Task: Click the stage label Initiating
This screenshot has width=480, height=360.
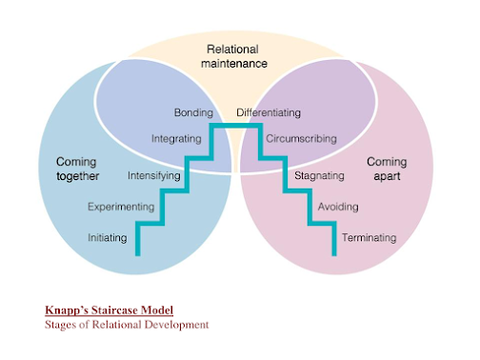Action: (x=107, y=237)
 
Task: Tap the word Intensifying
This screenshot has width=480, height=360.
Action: (x=153, y=175)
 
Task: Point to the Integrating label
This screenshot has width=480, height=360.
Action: (x=176, y=138)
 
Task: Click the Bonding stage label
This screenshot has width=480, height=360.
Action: (x=193, y=112)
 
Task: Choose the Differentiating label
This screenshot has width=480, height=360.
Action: (x=269, y=112)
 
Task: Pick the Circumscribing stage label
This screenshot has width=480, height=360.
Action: (x=300, y=138)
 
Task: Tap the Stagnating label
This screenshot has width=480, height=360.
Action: (x=319, y=175)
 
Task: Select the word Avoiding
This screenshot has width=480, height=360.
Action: (x=337, y=206)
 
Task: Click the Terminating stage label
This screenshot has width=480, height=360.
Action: (x=368, y=237)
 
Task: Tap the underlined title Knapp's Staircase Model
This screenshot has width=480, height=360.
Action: (x=109, y=310)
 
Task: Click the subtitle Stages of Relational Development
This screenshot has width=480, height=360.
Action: (x=127, y=325)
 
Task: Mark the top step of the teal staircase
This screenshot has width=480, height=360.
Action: (x=236, y=126)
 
